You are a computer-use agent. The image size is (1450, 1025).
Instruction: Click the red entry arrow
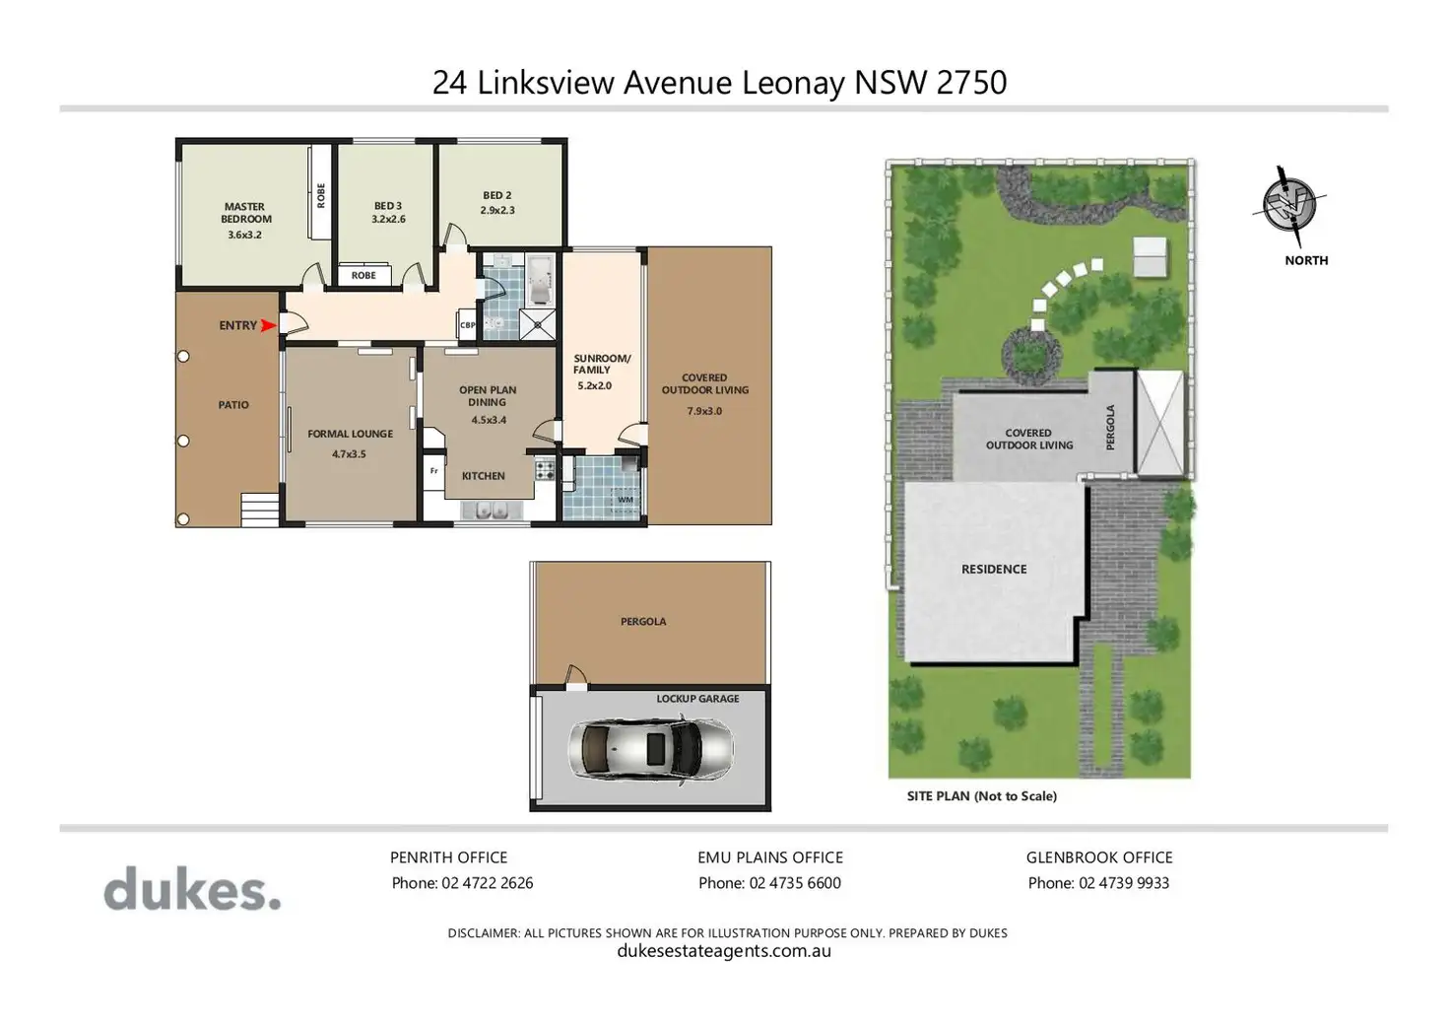coord(268,325)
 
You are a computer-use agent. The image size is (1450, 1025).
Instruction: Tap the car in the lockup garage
coord(650,750)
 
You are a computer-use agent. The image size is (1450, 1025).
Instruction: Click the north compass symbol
coord(1289,205)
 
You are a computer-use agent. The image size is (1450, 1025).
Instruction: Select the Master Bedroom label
coord(245,213)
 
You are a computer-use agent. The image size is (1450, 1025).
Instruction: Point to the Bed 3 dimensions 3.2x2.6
coord(388,220)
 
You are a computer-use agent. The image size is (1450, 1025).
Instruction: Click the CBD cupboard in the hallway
coord(467,325)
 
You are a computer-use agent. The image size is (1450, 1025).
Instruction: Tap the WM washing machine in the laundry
coord(625,501)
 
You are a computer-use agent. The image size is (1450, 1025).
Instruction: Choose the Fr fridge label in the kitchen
coord(433,471)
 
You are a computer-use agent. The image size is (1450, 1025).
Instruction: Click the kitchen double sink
coord(492,511)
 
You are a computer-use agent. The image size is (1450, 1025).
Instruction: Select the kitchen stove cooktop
coord(545,469)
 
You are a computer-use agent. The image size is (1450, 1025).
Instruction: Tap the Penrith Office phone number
coord(488,883)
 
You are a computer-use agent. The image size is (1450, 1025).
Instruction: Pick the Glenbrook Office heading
coord(1099,857)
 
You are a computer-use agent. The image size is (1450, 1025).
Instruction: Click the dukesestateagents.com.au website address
coord(724,950)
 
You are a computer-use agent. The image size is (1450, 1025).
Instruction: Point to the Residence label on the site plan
coord(994,569)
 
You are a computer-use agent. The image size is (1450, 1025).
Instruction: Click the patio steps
coord(260,510)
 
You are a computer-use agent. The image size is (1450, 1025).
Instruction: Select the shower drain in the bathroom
coord(537,325)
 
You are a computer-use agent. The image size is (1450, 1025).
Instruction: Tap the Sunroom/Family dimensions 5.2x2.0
coord(594,386)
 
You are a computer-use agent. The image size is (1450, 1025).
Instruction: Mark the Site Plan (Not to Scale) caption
coord(982,796)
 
